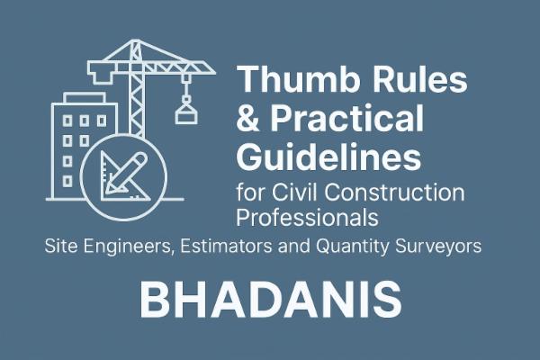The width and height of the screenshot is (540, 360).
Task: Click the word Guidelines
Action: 328,159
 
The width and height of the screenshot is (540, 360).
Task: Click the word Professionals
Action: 306,217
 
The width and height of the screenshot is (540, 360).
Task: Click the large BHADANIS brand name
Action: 270,301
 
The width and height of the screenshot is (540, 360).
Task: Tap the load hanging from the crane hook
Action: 184,112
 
